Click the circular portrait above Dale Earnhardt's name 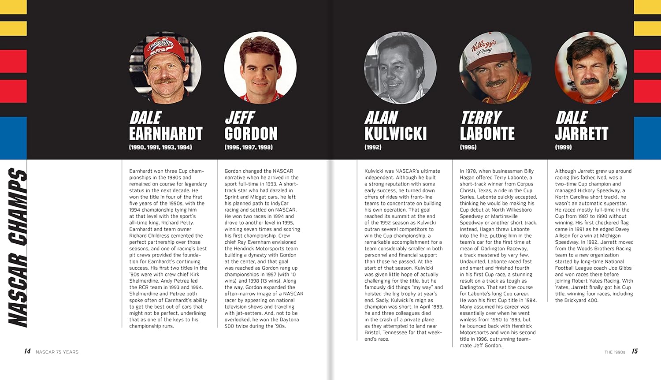click(x=165, y=67)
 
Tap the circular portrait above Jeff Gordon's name click(x=260, y=67)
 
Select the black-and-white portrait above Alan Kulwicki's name click(x=400, y=67)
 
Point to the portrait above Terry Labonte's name click(x=495, y=67)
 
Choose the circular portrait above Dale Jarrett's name click(x=590, y=67)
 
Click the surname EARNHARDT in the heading click(x=166, y=134)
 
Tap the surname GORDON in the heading click(x=251, y=134)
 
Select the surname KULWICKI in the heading click(x=395, y=134)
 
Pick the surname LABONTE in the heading click(x=487, y=134)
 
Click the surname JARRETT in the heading click(x=581, y=134)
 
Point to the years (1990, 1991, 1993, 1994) click(x=160, y=147)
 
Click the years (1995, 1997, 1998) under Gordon click(x=249, y=147)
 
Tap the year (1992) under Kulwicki click(x=373, y=147)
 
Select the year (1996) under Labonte click(x=468, y=147)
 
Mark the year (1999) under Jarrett click(x=563, y=147)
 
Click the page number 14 click(x=27, y=351)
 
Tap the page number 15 click(x=635, y=351)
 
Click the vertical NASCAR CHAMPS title click(x=18, y=247)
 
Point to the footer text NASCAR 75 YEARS click(x=57, y=352)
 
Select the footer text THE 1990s click(x=615, y=352)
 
